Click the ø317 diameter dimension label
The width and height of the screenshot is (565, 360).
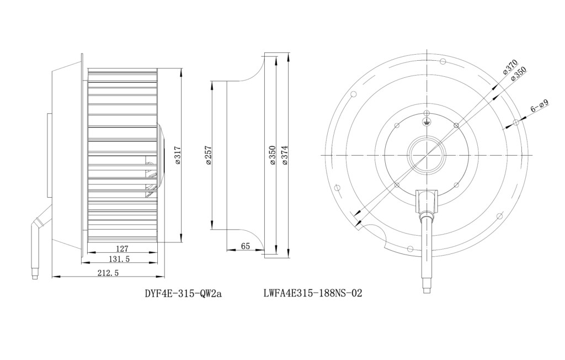click(178, 155)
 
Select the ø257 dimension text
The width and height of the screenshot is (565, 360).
click(209, 156)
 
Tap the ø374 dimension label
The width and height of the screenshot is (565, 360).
click(285, 156)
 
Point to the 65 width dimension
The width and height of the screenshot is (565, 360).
click(246, 246)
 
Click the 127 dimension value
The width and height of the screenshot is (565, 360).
click(122, 248)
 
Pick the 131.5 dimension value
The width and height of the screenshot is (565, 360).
click(119, 259)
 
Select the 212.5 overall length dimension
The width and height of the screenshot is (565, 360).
click(108, 273)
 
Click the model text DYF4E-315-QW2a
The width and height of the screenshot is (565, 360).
click(183, 294)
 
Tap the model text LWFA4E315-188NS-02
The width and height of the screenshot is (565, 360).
click(313, 293)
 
